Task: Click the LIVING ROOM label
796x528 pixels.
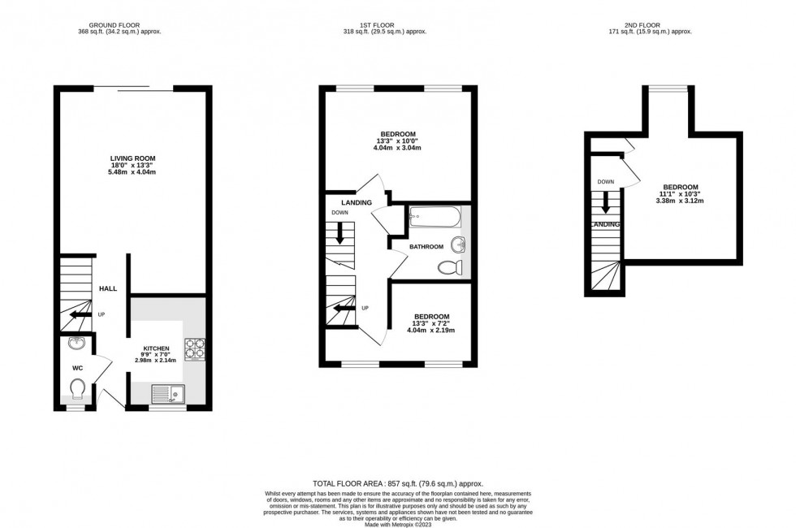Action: pyautogui.click(x=133, y=158)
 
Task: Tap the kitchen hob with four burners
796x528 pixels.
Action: pyautogui.click(x=195, y=348)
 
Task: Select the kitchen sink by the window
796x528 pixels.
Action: pyautogui.click(x=168, y=394)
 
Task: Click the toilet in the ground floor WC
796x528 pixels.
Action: pyautogui.click(x=78, y=392)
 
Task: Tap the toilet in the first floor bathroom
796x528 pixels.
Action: pyautogui.click(x=449, y=267)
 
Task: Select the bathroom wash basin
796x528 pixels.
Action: pyautogui.click(x=460, y=243)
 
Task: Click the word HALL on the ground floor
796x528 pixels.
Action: pyautogui.click(x=108, y=288)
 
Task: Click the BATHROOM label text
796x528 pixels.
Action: pyautogui.click(x=426, y=247)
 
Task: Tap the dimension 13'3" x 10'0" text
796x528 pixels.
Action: pyautogui.click(x=398, y=141)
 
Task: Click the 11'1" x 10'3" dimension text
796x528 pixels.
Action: pyautogui.click(x=680, y=193)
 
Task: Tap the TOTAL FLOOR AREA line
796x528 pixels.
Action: pyautogui.click(x=399, y=483)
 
